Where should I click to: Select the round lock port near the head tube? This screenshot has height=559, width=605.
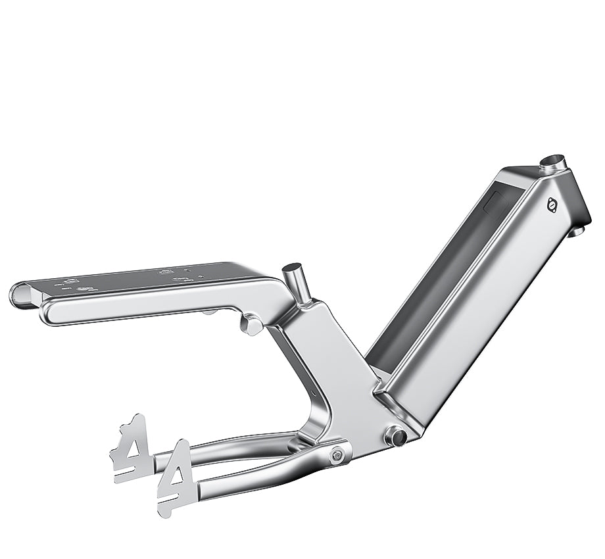coord(551,206)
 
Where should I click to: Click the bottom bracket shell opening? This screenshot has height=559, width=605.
coord(396,435)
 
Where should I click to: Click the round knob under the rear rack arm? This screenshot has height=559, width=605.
coord(251,324)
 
